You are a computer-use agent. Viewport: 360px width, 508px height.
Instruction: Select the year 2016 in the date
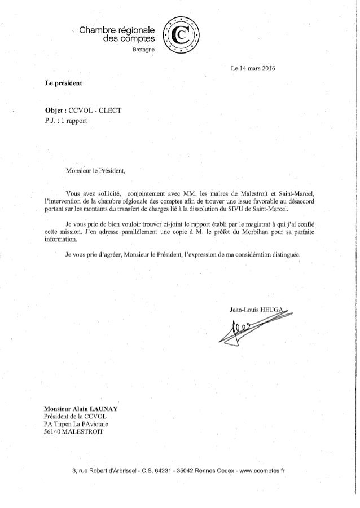265,70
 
